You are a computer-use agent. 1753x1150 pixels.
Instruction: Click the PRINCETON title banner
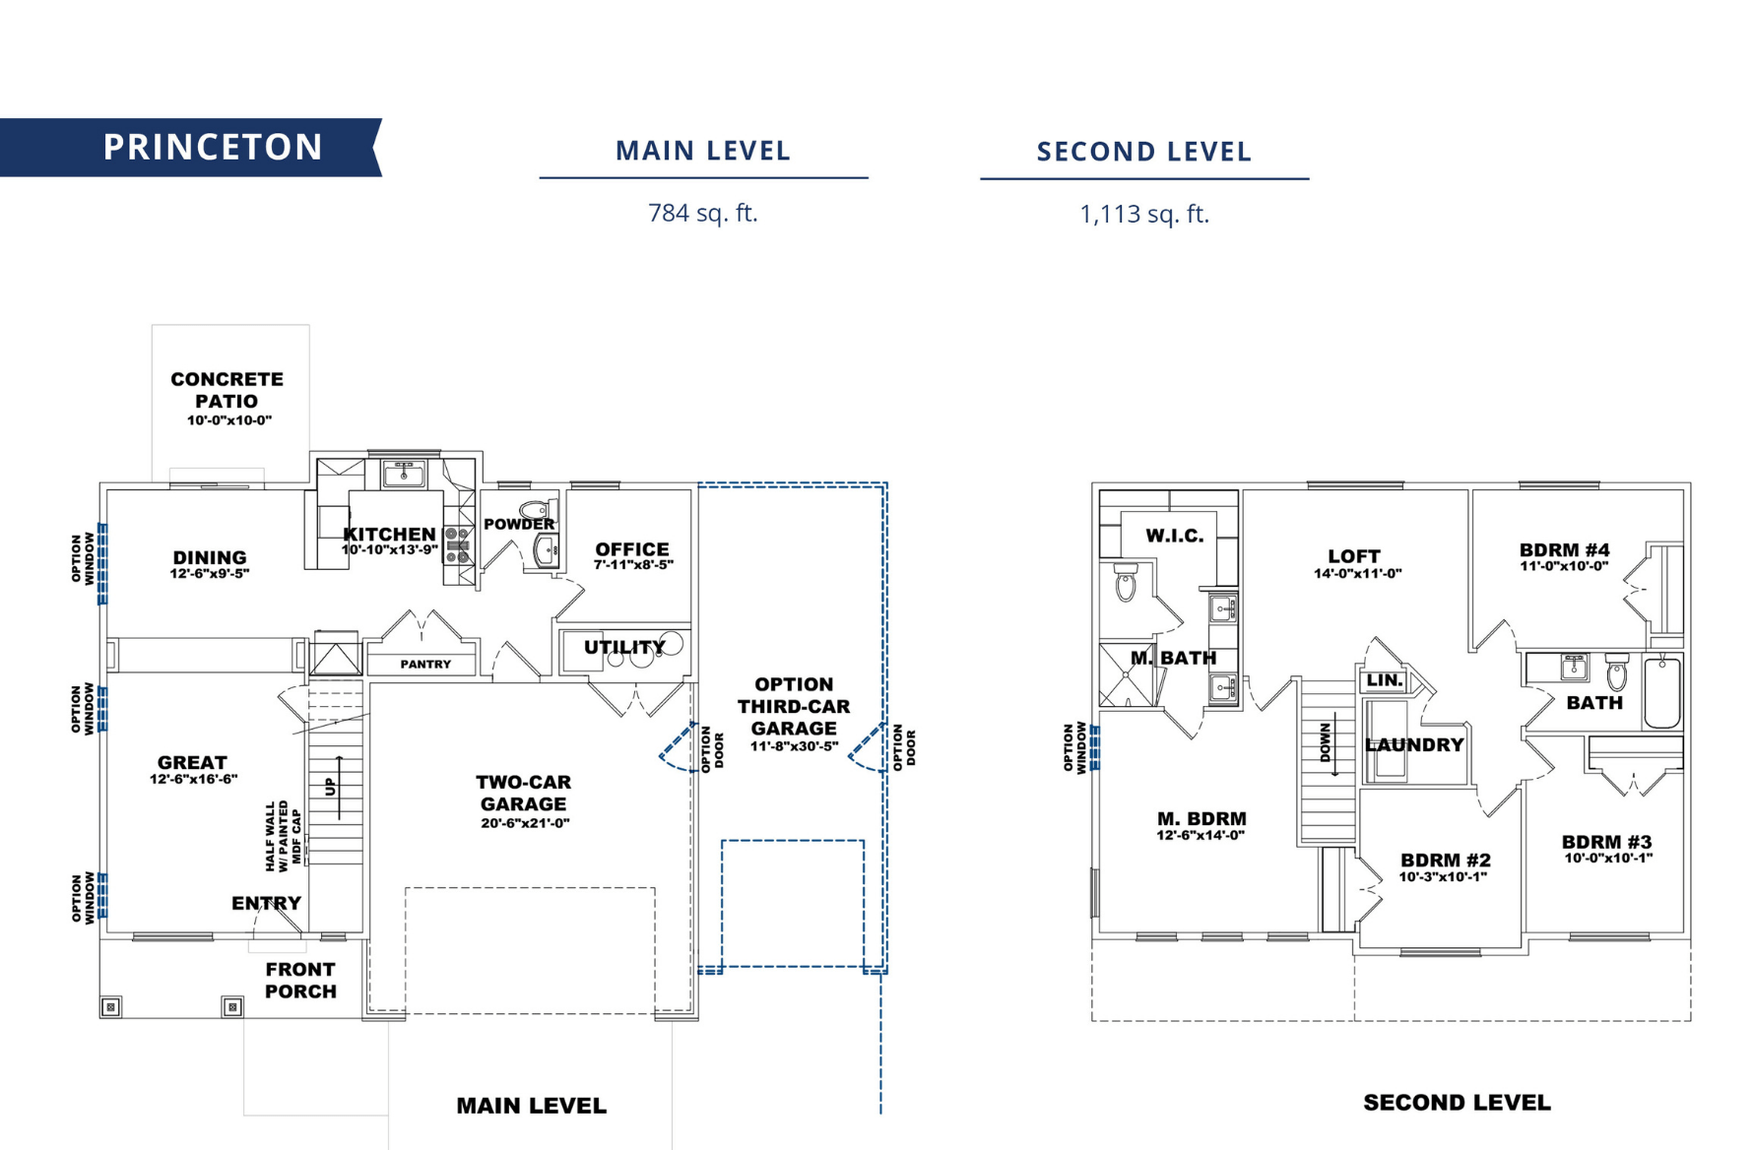(212, 148)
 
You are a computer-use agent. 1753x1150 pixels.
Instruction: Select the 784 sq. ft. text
(702, 213)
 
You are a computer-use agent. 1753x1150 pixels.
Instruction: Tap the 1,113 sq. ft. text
(1143, 214)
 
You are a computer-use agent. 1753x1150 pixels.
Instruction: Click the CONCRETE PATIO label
(227, 391)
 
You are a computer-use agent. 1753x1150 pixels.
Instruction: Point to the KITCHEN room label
(390, 535)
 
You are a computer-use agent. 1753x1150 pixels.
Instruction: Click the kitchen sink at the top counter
(403, 475)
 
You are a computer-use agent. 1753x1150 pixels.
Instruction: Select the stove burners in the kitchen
(458, 545)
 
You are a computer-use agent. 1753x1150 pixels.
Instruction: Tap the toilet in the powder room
(537, 509)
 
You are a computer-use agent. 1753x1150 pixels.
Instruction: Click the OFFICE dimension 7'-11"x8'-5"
(632, 565)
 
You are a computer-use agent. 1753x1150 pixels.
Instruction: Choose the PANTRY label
(425, 665)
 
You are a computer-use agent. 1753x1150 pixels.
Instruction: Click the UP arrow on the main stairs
(338, 787)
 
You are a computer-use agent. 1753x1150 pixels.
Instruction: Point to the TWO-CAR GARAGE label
(523, 794)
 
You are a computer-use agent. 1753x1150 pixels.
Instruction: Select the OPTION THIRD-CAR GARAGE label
(794, 707)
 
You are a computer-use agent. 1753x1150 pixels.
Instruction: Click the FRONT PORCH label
(300, 981)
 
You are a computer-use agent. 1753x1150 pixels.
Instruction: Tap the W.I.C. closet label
(1174, 536)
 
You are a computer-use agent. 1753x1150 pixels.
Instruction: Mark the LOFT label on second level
(1354, 556)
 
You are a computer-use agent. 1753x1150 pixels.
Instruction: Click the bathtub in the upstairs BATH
(1662, 693)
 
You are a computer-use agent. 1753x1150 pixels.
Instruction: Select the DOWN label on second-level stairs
(1326, 742)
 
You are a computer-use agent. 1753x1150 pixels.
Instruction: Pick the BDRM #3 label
(1606, 842)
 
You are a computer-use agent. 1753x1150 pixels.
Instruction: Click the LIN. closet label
(1385, 680)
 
